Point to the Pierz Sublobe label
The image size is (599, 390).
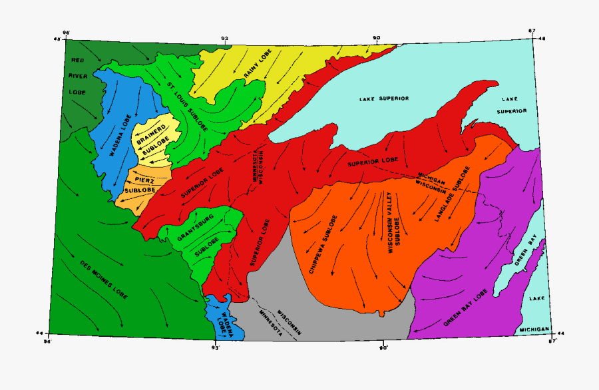point(142,184)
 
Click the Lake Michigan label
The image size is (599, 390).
point(536,315)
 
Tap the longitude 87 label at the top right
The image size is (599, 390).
point(532,31)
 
